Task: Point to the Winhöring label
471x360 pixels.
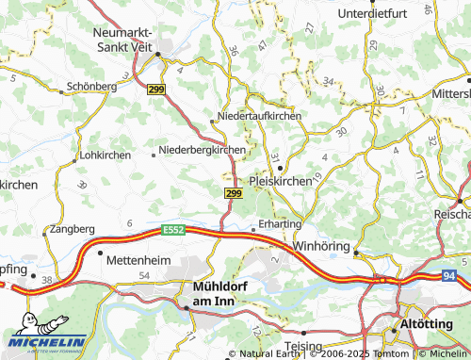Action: (x=323, y=246)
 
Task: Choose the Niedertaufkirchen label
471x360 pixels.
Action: (x=259, y=115)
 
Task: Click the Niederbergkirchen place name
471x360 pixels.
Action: (x=203, y=149)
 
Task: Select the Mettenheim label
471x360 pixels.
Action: (x=139, y=258)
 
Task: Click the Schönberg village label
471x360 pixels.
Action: (x=91, y=86)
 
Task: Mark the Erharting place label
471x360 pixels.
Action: (x=281, y=223)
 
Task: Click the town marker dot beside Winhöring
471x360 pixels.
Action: (x=357, y=250)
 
